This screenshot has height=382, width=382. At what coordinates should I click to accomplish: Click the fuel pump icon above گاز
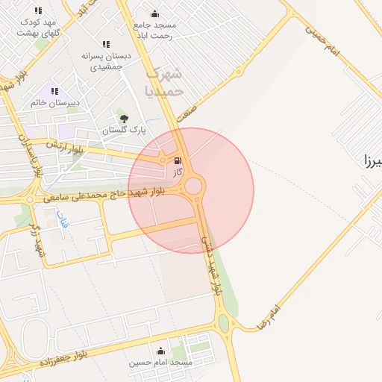[x=177, y=160]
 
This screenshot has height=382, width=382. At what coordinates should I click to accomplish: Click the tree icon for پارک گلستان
[x=124, y=118]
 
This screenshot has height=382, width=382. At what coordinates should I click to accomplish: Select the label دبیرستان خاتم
[x=55, y=103]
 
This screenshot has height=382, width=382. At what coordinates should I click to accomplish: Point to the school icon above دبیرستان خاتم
[x=54, y=91]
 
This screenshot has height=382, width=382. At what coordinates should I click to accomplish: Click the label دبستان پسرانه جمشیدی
[x=105, y=61]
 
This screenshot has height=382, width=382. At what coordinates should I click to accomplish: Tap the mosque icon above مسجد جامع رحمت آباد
[x=154, y=13]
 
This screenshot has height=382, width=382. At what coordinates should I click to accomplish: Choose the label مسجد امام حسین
[x=160, y=363]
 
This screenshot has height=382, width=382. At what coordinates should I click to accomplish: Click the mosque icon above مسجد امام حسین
[x=160, y=351]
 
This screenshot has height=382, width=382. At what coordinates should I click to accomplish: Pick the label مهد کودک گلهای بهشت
[x=40, y=28]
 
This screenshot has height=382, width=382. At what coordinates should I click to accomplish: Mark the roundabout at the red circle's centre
[x=194, y=186]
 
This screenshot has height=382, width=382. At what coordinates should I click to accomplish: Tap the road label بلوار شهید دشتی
[x=212, y=266]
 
